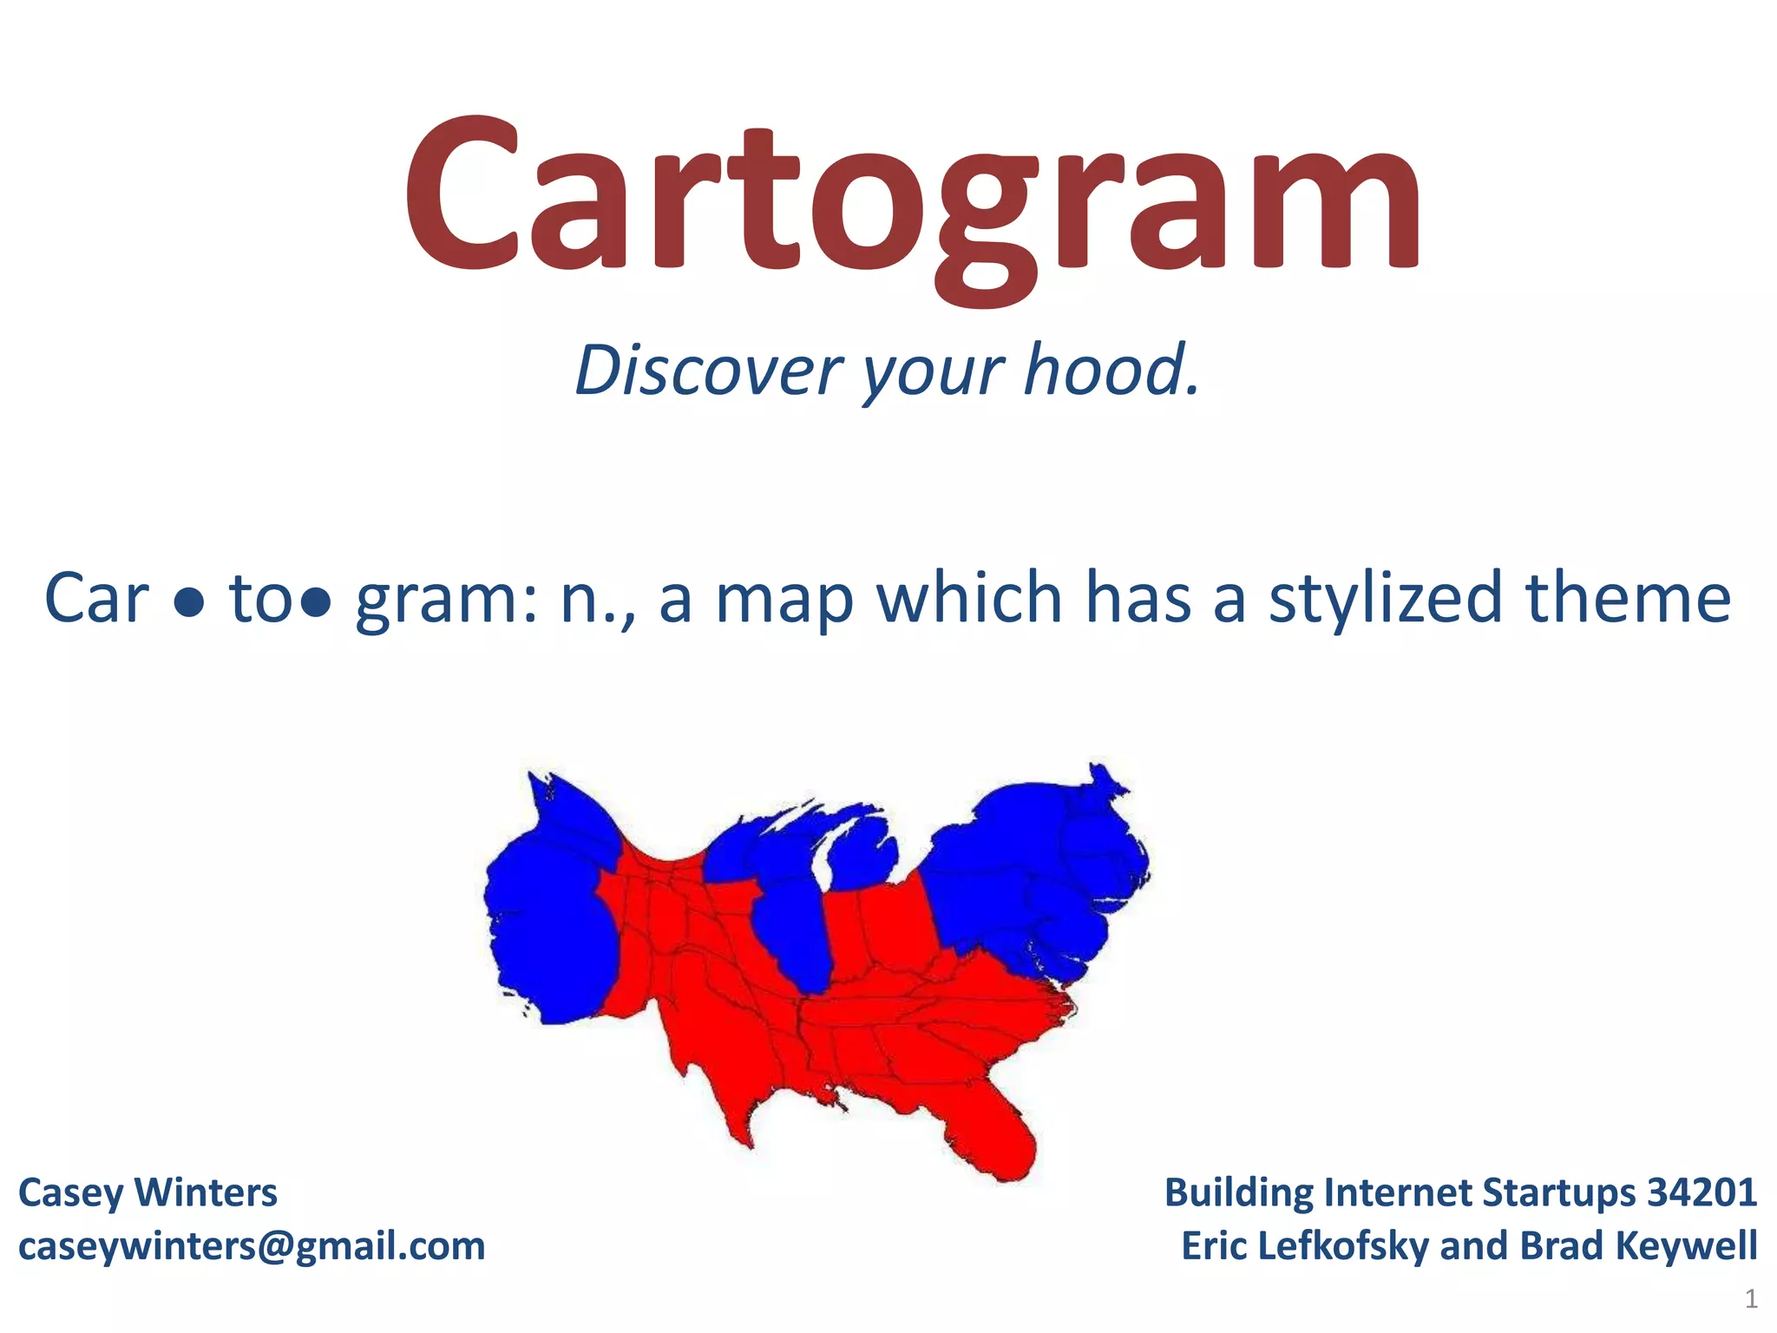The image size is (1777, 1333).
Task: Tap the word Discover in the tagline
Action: [708, 371]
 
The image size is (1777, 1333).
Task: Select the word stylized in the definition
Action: [1385, 599]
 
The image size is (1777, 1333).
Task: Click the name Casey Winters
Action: [148, 1192]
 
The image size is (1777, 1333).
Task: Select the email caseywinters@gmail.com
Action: [252, 1246]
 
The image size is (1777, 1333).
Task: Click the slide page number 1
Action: [1751, 1299]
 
